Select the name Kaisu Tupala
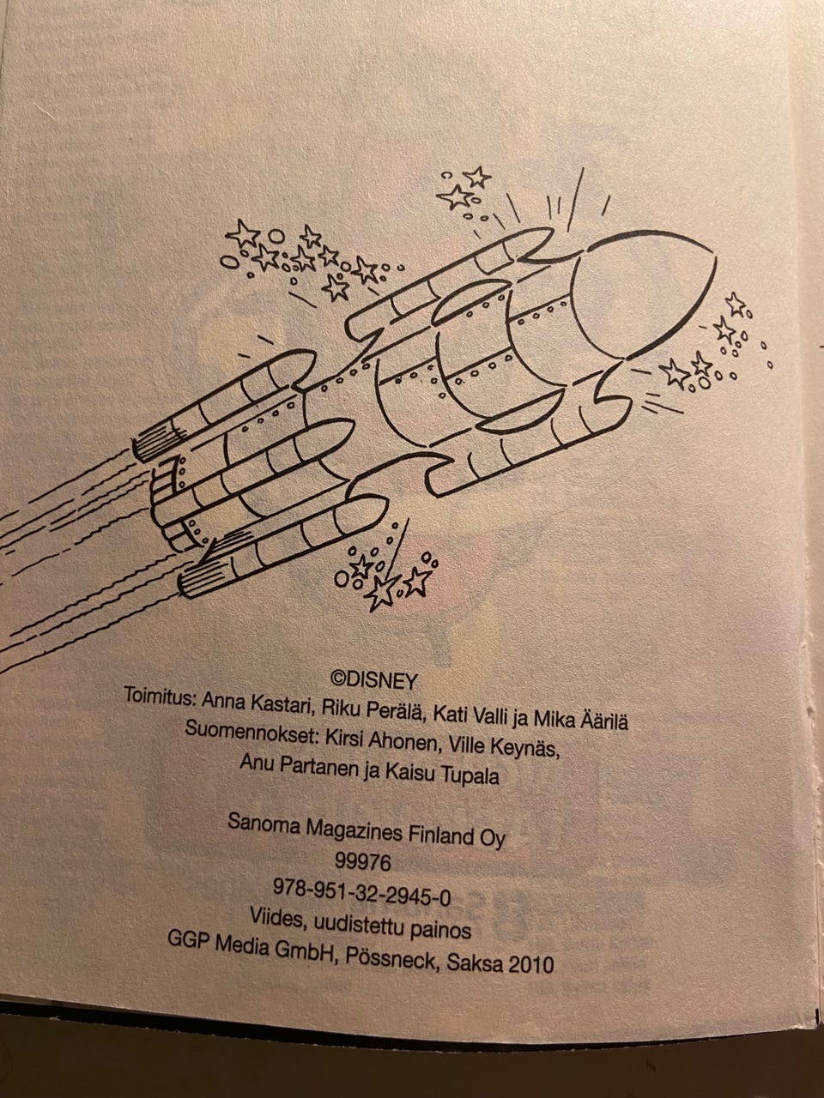click(442, 775)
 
